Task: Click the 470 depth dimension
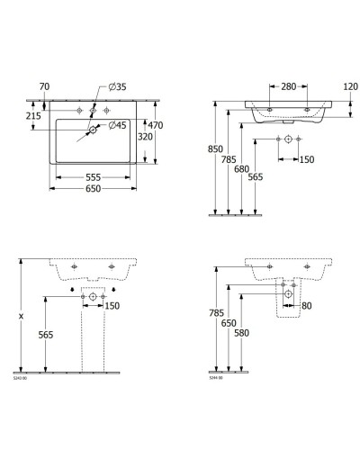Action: coord(157,126)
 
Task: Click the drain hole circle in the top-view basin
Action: coord(91,130)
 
